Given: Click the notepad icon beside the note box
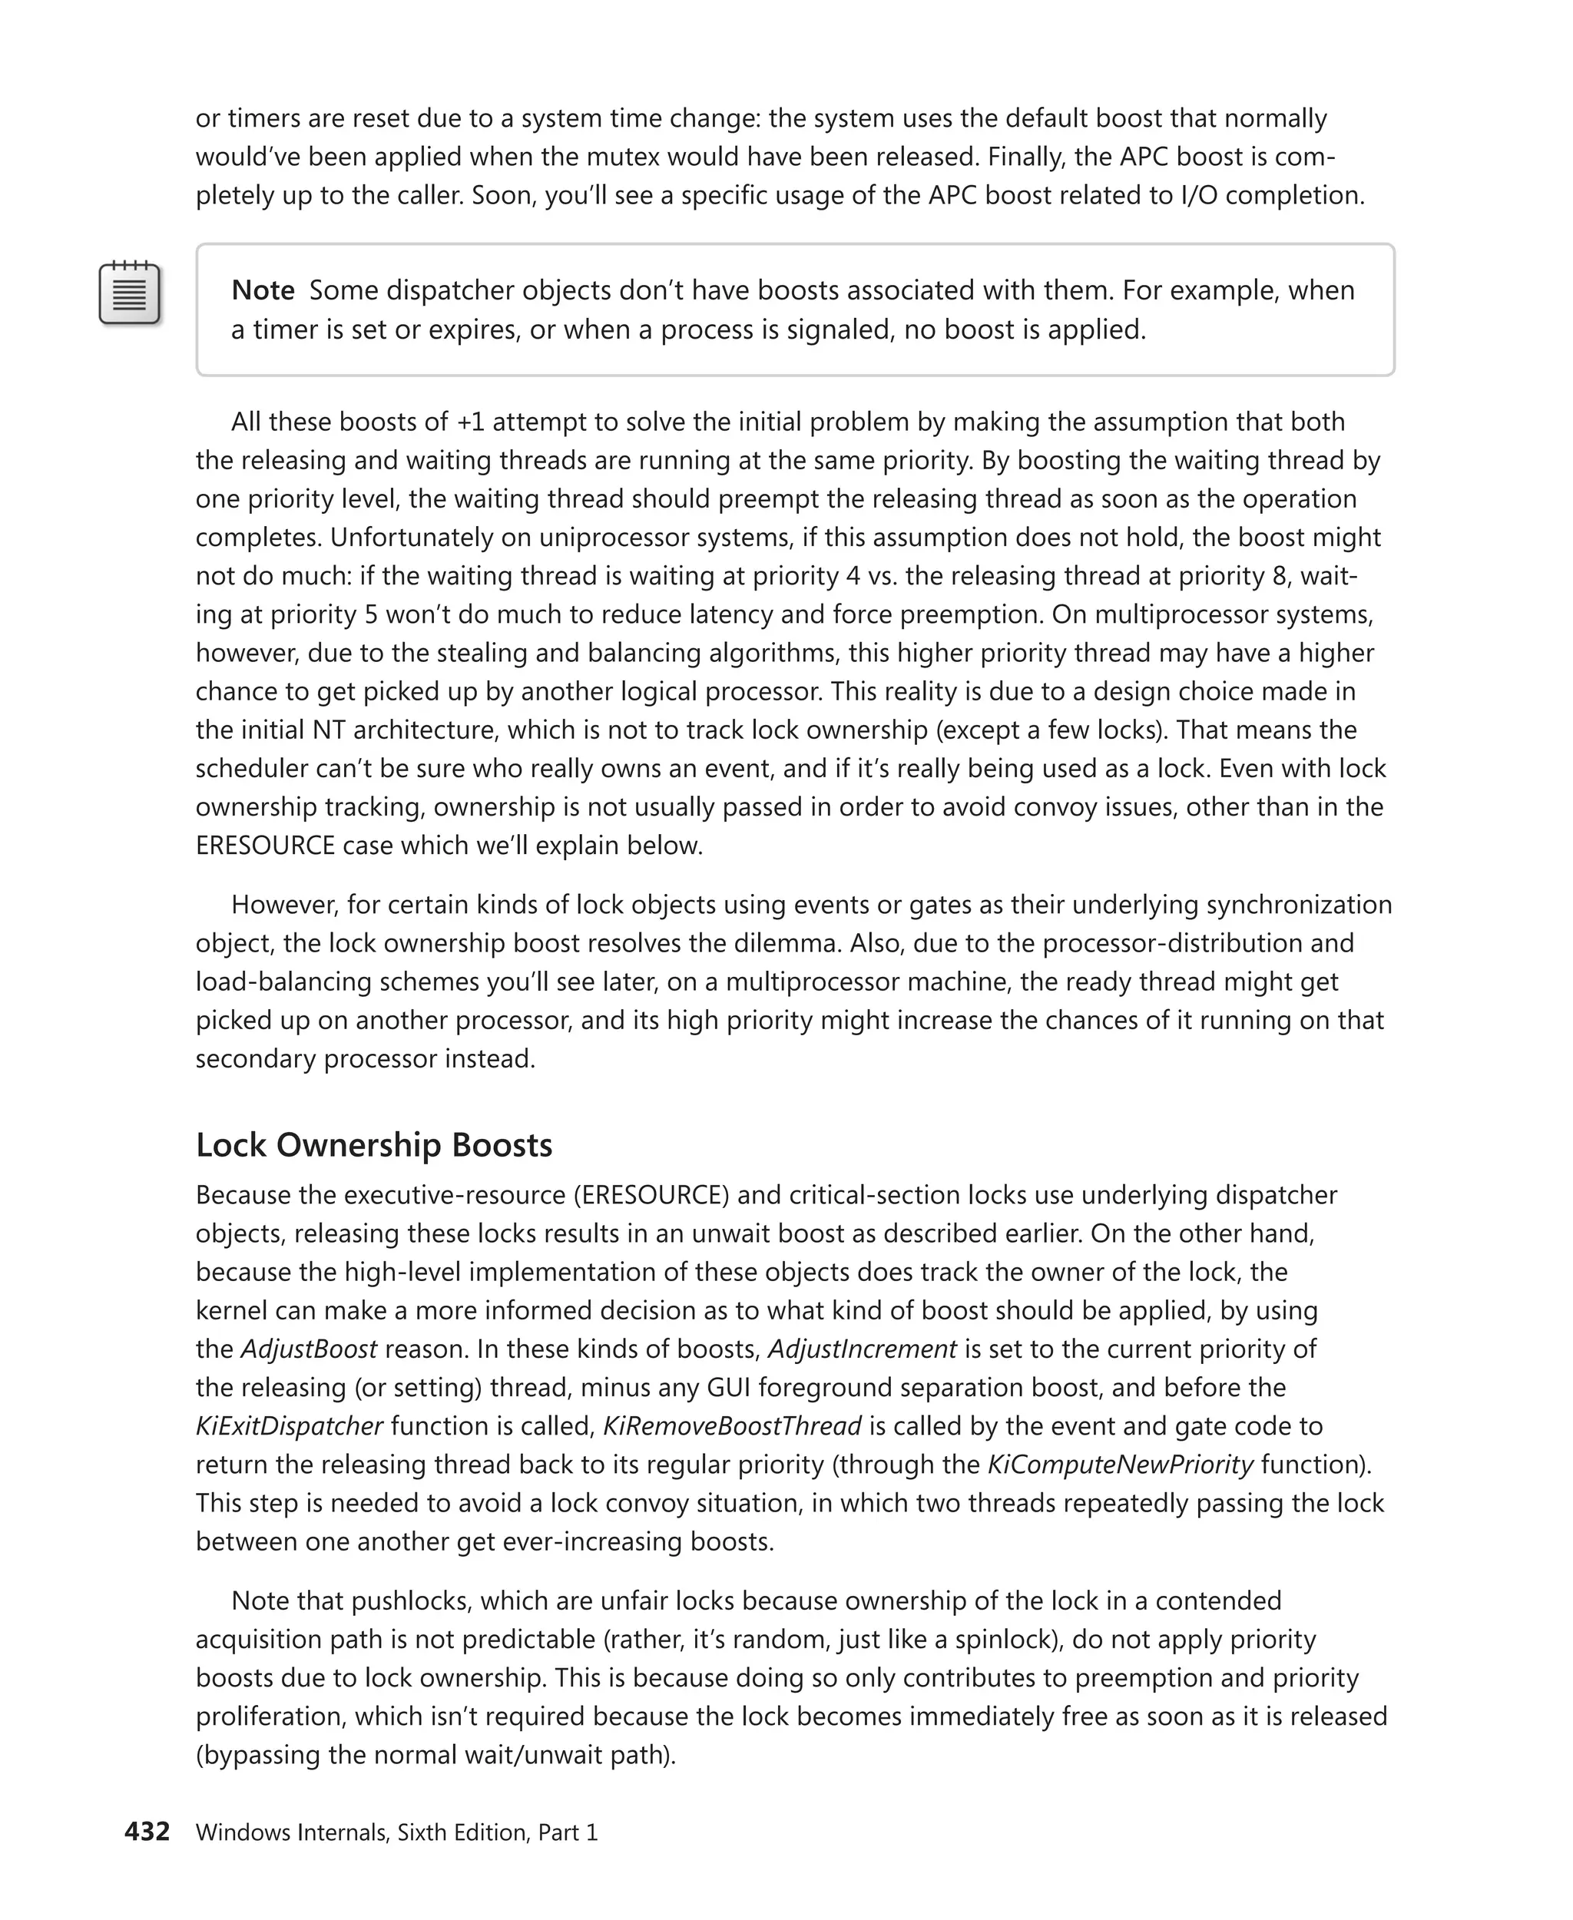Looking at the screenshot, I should pyautogui.click(x=130, y=293).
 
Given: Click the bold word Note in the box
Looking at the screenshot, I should pyautogui.click(x=263, y=290).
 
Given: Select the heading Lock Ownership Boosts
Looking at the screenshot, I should pyautogui.click(x=373, y=1144).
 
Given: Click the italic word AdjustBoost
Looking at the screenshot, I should pyautogui.click(x=308, y=1349).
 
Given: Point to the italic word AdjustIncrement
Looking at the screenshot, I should pyautogui.click(x=862, y=1349).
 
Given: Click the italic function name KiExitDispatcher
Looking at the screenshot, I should pyautogui.click(x=289, y=1425).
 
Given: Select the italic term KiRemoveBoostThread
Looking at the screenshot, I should pyautogui.click(x=731, y=1425).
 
